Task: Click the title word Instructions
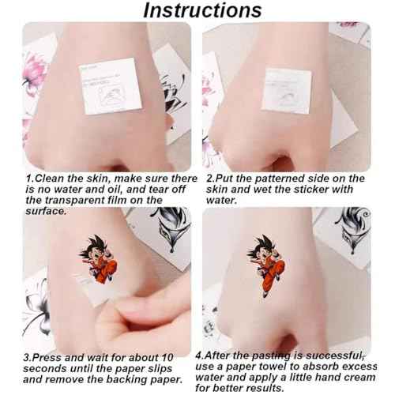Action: pyautogui.click(x=202, y=10)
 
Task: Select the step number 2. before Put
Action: pyautogui.click(x=210, y=179)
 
